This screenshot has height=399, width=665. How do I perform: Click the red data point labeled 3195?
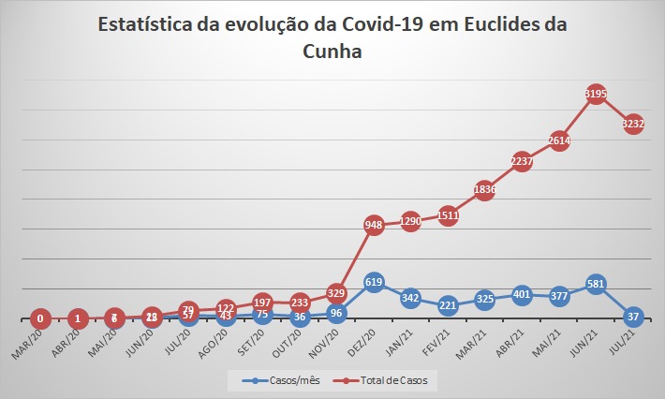tap(596, 94)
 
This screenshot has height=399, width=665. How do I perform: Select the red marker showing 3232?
tap(632, 124)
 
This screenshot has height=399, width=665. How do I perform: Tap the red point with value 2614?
tap(559, 140)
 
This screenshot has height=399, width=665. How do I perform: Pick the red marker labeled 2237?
tap(522, 161)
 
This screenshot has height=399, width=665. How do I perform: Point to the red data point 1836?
tap(485, 189)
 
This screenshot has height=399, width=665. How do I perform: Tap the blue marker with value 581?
tap(596, 284)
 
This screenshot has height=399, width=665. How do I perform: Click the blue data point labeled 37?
tap(632, 316)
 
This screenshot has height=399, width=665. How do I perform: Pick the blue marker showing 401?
tap(522, 294)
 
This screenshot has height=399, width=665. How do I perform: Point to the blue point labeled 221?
tap(448, 305)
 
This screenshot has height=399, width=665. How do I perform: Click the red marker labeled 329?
tap(337, 293)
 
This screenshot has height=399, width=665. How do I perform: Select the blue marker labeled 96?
tap(337, 313)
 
